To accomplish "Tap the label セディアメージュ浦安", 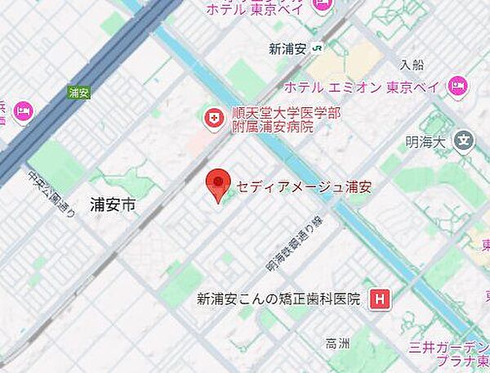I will [x=304, y=187].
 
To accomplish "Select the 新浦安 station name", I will [x=287, y=49].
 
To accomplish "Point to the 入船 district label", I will [x=413, y=64].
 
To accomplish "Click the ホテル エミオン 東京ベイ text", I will [x=363, y=87].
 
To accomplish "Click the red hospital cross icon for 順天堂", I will [x=213, y=119].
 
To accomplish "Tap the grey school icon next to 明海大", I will [x=464, y=141].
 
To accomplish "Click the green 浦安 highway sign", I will [x=78, y=92].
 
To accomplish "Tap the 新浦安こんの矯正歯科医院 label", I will [x=278, y=299].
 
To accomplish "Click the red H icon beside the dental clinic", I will [x=379, y=299].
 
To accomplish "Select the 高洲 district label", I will [x=336, y=344].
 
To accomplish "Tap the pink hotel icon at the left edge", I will [x=22, y=110].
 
